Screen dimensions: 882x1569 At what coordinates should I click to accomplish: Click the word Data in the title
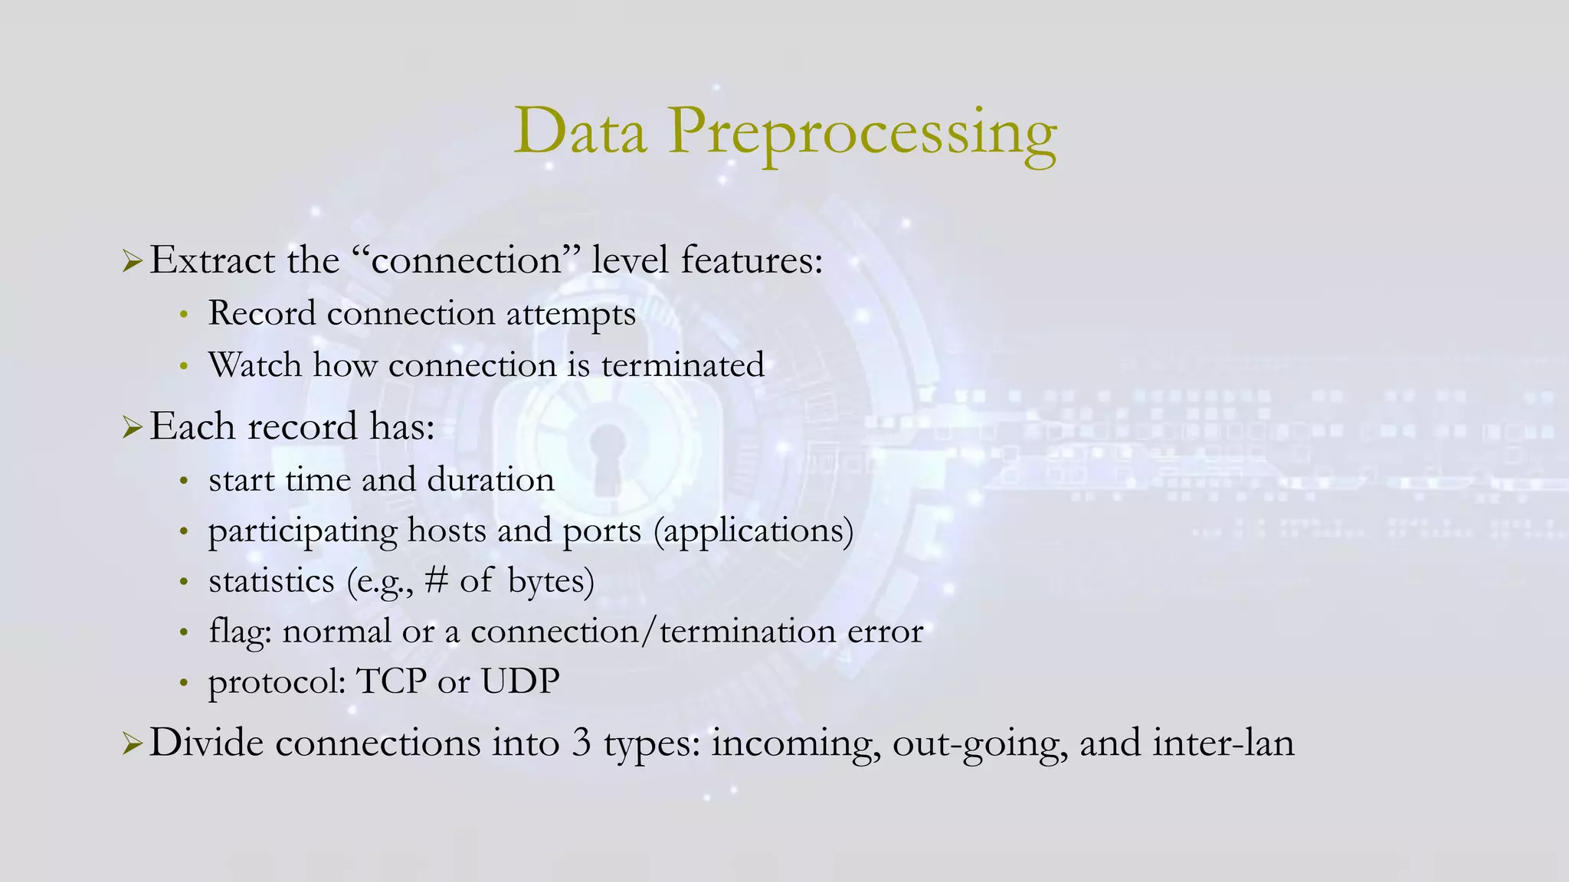pos(580,132)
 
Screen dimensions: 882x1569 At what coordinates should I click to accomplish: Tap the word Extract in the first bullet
pos(212,260)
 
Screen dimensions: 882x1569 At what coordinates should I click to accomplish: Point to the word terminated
pos(683,365)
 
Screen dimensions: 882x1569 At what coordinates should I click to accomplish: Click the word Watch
pos(254,365)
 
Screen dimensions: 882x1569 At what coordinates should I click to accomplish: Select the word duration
pos(490,480)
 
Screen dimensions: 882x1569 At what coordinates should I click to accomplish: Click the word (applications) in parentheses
pos(754,531)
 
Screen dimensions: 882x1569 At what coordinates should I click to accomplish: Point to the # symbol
pos(437,580)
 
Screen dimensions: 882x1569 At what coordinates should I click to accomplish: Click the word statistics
pos(271,581)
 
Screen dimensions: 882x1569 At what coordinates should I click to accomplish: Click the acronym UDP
pos(520,681)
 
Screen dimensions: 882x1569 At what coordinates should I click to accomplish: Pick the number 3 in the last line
pos(581,743)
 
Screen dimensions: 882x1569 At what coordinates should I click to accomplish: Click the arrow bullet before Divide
pos(132,744)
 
